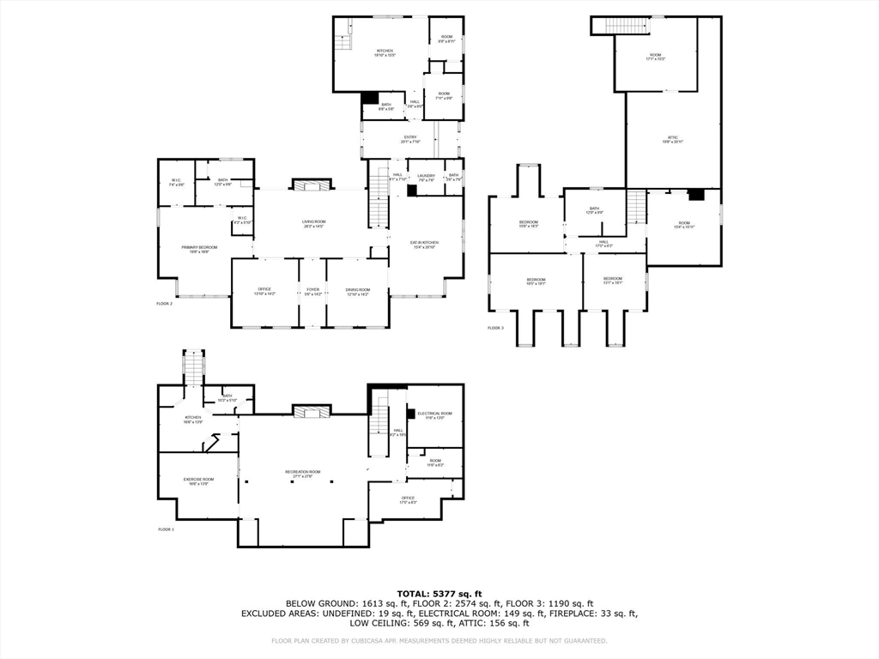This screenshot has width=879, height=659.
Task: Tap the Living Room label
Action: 313,224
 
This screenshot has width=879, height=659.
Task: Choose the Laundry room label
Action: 427,178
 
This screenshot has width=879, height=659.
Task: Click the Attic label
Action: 673,140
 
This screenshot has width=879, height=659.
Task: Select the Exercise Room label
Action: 199,481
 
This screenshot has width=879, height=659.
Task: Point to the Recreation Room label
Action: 303,474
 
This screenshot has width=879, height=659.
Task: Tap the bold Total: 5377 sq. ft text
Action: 439,593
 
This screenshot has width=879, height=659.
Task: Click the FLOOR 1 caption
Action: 166,529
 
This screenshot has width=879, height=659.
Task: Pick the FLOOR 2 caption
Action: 164,304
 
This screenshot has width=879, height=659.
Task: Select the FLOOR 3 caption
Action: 495,328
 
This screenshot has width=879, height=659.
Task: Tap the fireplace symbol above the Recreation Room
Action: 311,413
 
